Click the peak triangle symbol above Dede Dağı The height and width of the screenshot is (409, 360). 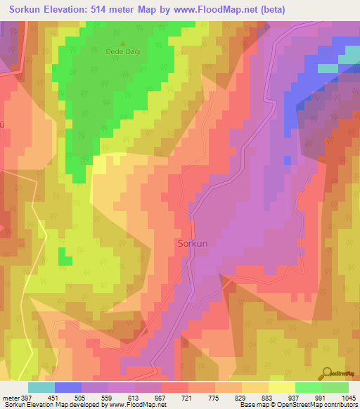click(122, 43)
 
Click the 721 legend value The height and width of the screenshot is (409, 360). click(187, 398)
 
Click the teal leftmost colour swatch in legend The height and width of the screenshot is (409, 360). click(41, 387)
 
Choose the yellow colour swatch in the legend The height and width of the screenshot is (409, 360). click(281, 387)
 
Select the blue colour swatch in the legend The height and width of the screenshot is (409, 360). click(67, 387)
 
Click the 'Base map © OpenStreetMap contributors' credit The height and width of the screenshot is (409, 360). click(297, 405)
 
